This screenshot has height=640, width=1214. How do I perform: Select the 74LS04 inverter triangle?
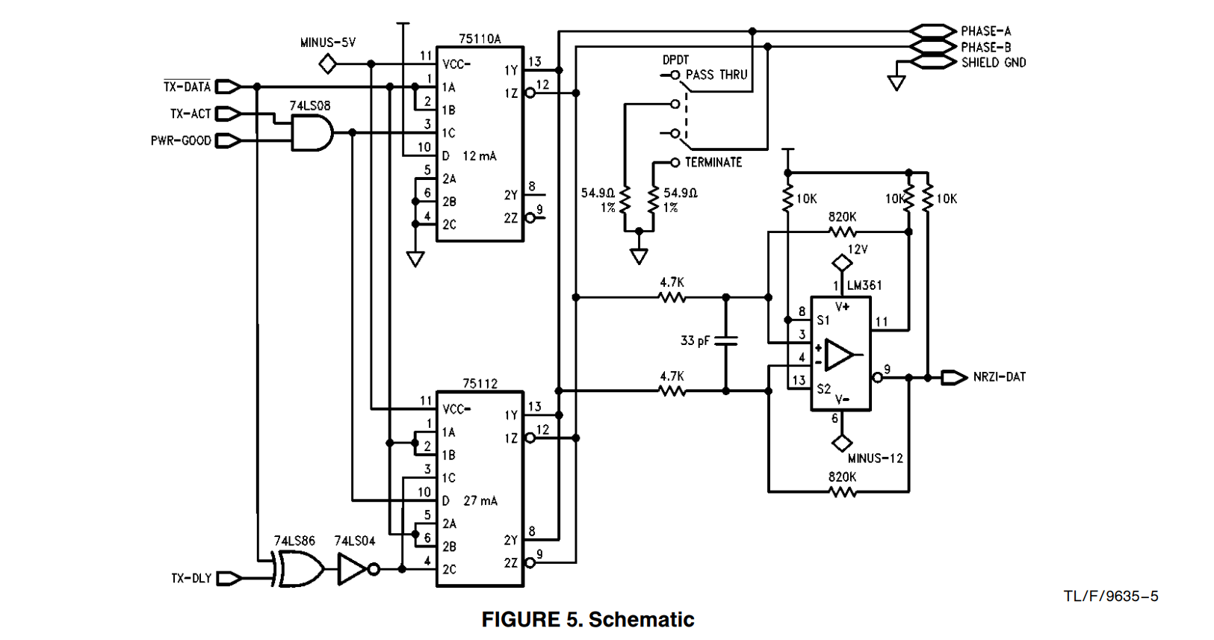[353, 569]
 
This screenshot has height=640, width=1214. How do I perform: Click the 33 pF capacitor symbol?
[725, 341]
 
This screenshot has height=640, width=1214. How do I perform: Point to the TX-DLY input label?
[191, 578]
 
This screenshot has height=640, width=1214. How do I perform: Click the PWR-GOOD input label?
[181, 140]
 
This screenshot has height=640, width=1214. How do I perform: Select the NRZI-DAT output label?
[999, 377]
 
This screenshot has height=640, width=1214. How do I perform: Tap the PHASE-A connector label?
[985, 31]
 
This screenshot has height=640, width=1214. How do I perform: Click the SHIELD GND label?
[993, 63]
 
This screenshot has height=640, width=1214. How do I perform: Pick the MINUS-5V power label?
[327, 43]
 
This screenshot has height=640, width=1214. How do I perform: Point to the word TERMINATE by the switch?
[713, 162]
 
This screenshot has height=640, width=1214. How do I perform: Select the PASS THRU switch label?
[716, 75]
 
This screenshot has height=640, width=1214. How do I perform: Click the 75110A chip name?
[480, 39]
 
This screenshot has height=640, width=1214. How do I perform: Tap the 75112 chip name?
[480, 383]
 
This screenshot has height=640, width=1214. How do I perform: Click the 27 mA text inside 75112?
[480, 500]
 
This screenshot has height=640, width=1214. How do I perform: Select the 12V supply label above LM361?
[858, 249]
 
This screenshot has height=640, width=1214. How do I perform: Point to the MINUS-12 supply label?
[875, 458]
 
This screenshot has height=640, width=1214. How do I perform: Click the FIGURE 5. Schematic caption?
[588, 619]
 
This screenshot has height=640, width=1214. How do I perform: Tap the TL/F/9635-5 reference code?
[1111, 596]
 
